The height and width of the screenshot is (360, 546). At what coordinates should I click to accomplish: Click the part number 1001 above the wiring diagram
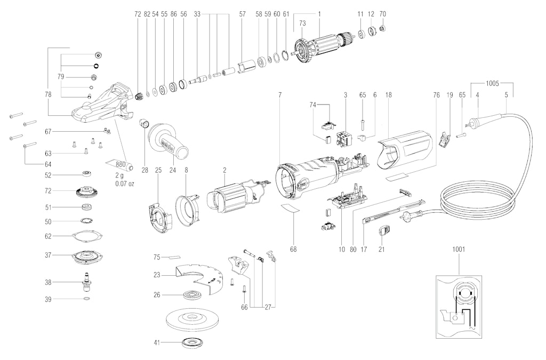pos(459,249)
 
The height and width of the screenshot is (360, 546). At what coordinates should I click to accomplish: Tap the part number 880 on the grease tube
pos(121,164)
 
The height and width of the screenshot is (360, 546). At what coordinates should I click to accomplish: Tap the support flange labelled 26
pos(192,295)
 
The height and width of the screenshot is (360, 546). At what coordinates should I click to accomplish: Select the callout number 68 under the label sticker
pos(294,249)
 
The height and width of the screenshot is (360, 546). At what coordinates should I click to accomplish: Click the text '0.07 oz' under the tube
pos(125,183)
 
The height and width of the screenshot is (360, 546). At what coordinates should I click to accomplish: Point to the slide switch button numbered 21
pos(384,230)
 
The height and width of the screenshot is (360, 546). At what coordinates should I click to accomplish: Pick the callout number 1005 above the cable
pos(492,83)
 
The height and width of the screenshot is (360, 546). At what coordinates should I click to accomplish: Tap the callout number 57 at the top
pos(243,14)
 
